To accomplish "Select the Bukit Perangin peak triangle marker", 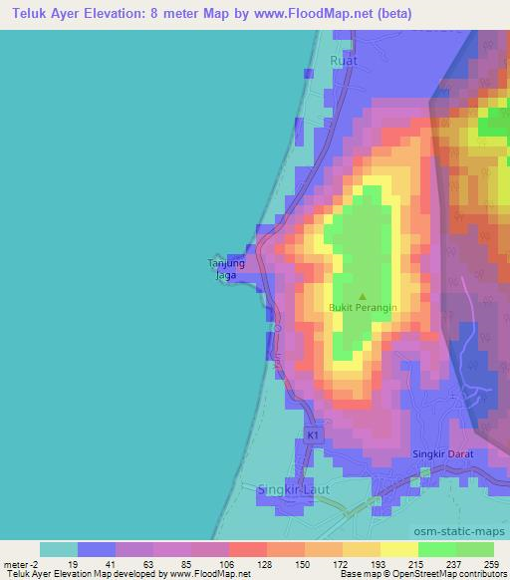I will [x=362, y=295].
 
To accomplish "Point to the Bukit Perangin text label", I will [x=363, y=308].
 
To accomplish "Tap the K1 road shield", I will [x=313, y=435].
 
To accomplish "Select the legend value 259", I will [x=493, y=564].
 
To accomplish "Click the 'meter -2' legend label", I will [x=21, y=564].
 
